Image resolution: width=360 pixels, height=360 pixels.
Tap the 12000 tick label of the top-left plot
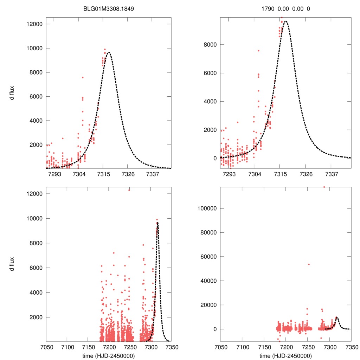[x=34, y=24]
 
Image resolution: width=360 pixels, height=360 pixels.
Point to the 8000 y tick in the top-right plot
[x=210, y=45]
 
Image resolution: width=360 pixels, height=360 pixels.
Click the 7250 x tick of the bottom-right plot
[x=308, y=347]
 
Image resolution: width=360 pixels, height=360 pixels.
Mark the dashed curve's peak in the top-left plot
[x=108, y=52]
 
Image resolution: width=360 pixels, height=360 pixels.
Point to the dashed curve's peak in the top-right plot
[x=285, y=21]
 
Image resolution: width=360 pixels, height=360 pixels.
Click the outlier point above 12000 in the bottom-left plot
[x=129, y=190]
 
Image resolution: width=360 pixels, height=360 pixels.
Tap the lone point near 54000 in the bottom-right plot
[x=309, y=264]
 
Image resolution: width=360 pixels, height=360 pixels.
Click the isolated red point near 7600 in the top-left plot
[x=83, y=77]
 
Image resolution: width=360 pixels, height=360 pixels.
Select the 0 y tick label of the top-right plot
[x=214, y=158]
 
